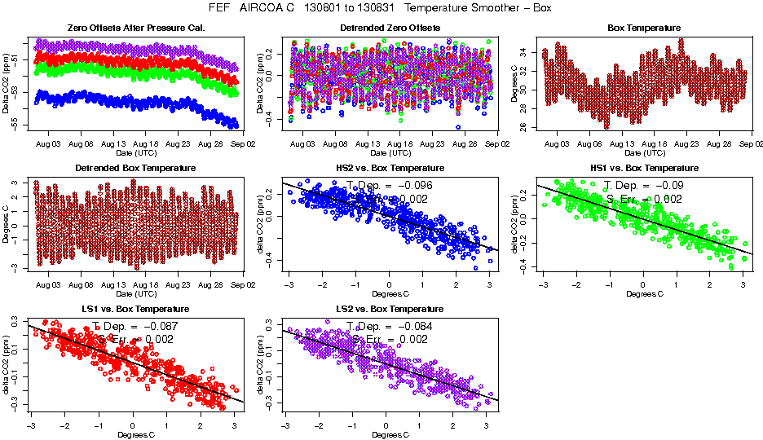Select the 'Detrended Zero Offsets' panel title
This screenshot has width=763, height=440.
point(390,28)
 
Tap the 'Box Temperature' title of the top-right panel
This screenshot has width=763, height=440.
point(644,28)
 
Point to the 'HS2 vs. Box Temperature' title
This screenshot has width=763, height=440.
point(390,168)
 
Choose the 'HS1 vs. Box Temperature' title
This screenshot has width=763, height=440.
point(644,168)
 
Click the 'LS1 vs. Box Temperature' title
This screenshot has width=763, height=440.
point(136,309)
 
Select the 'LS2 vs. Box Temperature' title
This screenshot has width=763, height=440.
point(390,309)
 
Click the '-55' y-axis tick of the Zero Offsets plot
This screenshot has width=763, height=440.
point(14,121)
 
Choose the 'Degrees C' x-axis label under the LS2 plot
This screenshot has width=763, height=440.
point(390,433)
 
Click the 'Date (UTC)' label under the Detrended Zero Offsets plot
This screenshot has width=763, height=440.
point(390,152)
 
